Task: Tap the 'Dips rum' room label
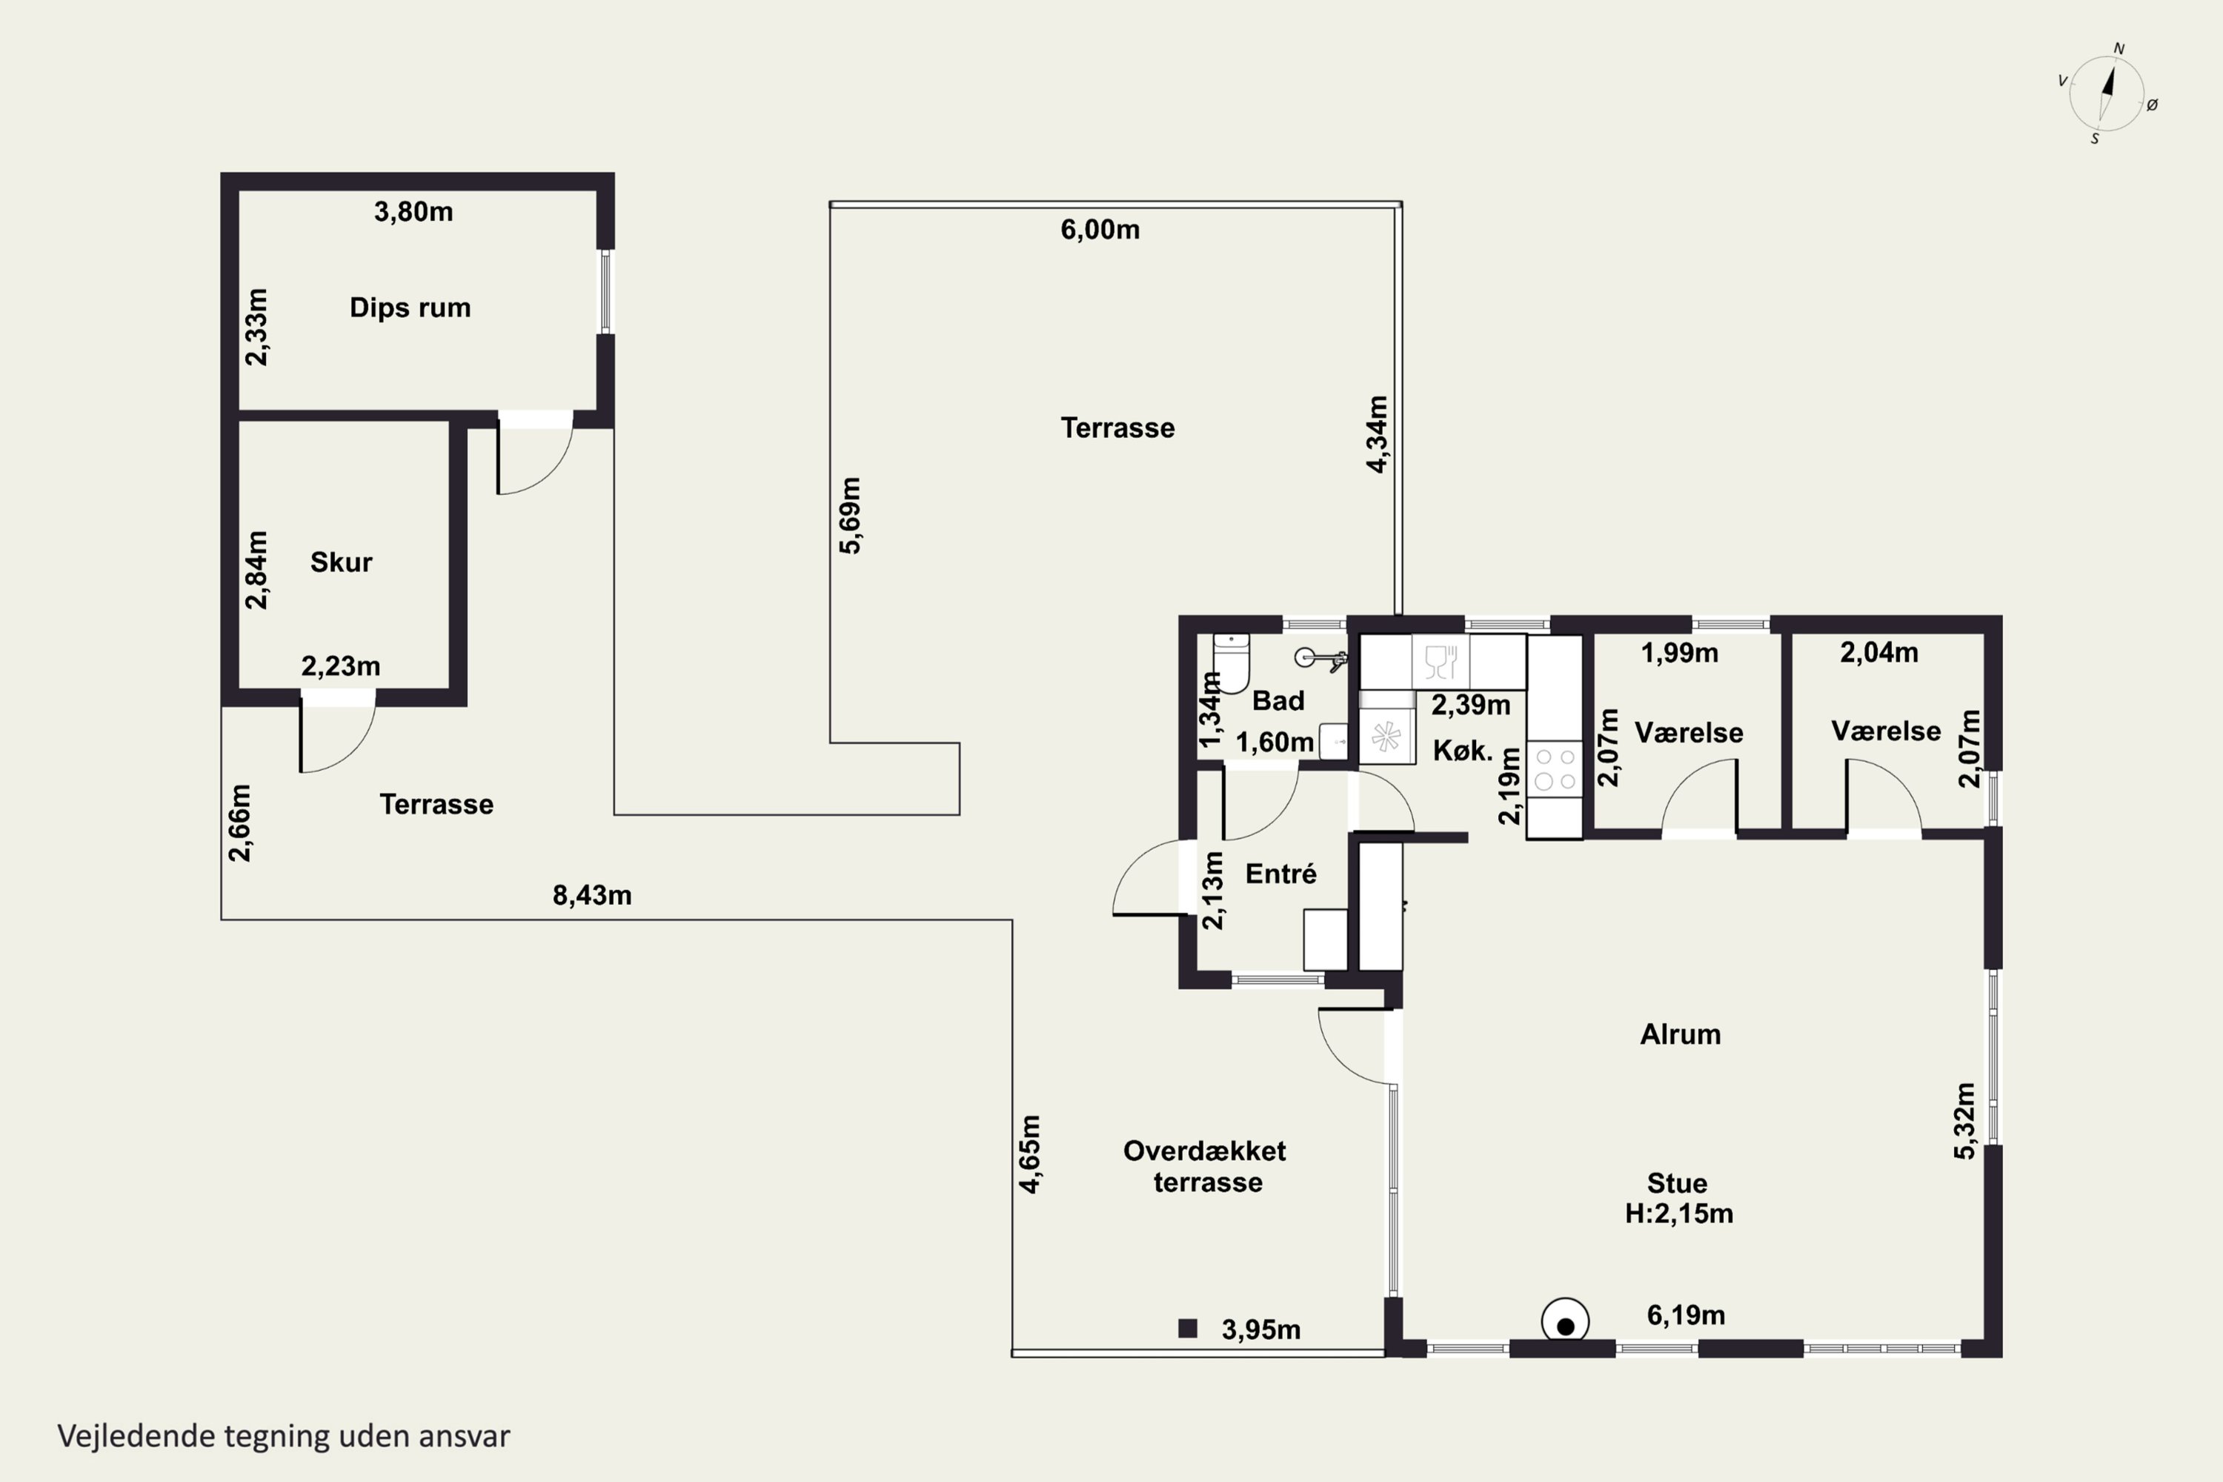[411, 308]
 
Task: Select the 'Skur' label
[341, 562]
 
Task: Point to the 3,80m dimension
[413, 212]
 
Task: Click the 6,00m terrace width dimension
[1100, 230]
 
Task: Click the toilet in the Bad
[1232, 662]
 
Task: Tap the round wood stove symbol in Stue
[1565, 1321]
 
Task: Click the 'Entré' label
[1280, 874]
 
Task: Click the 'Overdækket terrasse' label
[1206, 1166]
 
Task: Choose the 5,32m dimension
[1965, 1121]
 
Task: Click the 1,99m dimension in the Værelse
[1680, 653]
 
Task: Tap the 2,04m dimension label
[1879, 652]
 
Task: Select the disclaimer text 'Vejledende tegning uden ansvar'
[284, 1437]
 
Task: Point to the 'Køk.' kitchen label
[1463, 751]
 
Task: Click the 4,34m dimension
[1378, 435]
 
